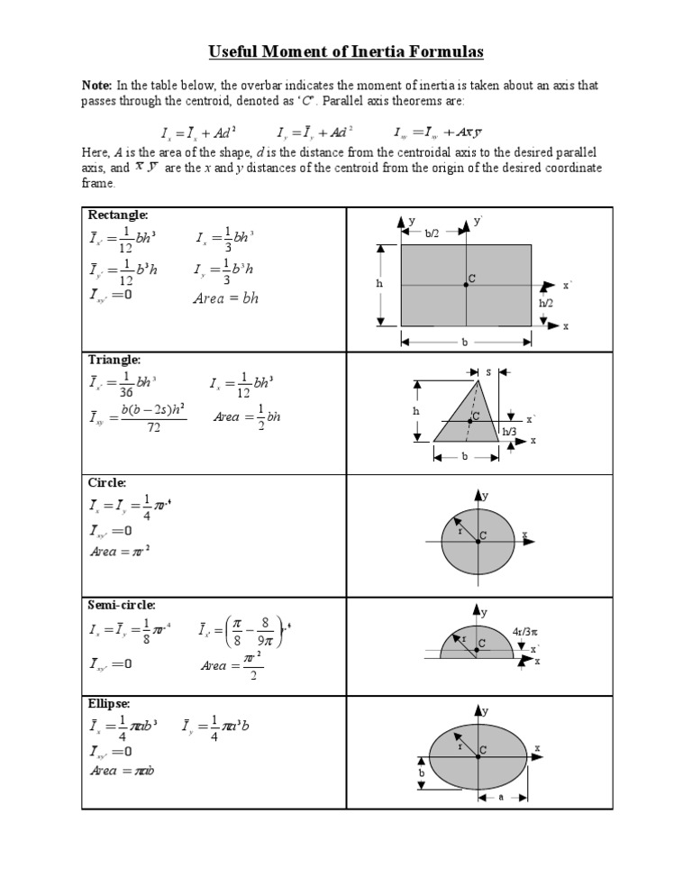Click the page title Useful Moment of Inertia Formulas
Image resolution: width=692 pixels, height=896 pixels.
(346, 52)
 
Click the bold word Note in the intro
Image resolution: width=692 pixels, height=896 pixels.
(97, 85)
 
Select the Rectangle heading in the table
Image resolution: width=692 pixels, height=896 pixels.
(118, 215)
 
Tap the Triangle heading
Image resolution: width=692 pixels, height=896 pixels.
(114, 360)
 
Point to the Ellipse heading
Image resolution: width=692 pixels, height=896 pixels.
(109, 702)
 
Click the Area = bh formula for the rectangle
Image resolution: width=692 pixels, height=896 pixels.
(226, 298)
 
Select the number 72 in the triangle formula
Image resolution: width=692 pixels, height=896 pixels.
(152, 427)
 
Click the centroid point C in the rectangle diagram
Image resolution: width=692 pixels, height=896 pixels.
(467, 283)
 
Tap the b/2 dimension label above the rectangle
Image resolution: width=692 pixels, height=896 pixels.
(433, 232)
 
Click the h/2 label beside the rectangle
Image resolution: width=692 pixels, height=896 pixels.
(546, 304)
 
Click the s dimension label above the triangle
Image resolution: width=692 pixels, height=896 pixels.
(488, 371)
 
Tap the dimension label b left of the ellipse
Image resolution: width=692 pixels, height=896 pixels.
(421, 773)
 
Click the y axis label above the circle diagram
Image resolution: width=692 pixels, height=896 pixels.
(485, 496)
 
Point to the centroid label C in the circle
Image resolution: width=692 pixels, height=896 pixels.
(483, 535)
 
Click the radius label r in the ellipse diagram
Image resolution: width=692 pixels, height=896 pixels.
(460, 746)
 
